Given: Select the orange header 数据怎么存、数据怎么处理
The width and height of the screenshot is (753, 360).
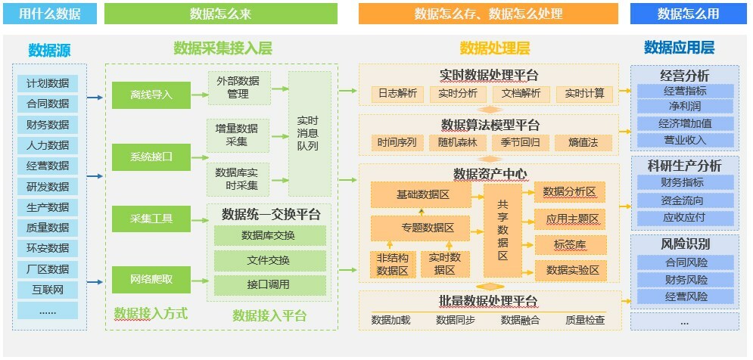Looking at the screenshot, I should click(488, 14).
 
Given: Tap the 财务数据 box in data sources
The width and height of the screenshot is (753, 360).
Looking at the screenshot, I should click(48, 124).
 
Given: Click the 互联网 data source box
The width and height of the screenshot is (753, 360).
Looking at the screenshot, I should click(48, 290).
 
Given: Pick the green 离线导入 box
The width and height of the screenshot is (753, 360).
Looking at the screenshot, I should click(151, 95).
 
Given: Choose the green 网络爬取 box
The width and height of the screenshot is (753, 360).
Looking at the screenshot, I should click(151, 279).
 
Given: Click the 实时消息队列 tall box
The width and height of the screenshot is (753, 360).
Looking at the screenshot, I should click(309, 134).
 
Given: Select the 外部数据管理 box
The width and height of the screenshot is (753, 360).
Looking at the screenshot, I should click(238, 88).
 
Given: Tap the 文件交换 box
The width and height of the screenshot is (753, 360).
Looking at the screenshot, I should click(269, 260).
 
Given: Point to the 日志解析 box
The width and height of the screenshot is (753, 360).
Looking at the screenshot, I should click(397, 94).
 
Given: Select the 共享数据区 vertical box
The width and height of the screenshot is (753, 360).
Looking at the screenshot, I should click(503, 229).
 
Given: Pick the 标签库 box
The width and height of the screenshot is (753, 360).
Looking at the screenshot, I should click(570, 244).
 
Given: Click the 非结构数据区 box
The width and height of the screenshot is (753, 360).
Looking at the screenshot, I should click(393, 264).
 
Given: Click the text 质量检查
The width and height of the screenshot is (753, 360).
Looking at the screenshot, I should click(585, 320).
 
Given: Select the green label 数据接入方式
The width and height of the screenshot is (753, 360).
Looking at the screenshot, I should click(151, 313).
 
